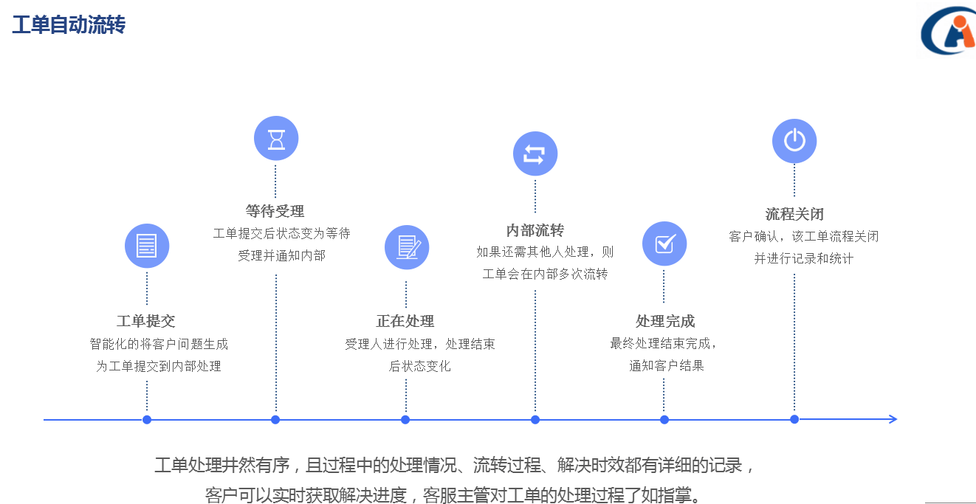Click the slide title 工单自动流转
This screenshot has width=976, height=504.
coord(69,25)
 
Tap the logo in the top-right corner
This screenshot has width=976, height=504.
coord(948,32)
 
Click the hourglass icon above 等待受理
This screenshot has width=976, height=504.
coord(276,139)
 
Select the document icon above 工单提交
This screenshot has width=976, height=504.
coord(147,246)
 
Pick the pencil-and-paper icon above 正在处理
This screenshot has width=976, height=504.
coord(407,247)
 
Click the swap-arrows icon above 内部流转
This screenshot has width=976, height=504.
coord(535,153)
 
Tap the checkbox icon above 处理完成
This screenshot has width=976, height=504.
coord(664,244)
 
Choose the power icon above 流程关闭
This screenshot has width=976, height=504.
coord(794,141)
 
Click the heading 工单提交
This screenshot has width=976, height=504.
coord(146,321)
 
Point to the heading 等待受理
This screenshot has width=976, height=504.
coord(275,212)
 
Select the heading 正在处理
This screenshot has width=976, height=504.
coord(405,321)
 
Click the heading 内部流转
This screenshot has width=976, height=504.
coord(535,230)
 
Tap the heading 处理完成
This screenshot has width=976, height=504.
coord(665,321)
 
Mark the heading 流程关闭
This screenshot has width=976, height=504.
coord(794,214)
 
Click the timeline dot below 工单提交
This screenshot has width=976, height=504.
coord(147,420)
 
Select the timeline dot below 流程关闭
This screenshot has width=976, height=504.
coord(794,419)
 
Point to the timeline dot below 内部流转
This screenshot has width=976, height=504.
coord(535,420)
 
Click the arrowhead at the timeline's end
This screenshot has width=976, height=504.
coord(893,419)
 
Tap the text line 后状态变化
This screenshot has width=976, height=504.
coord(419,366)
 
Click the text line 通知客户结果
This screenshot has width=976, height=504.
coord(667,365)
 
